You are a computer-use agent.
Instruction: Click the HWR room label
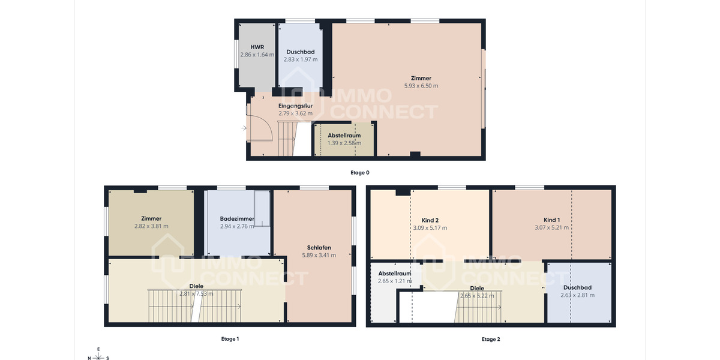coord(257,46)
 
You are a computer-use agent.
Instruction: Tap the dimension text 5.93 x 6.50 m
coord(421,86)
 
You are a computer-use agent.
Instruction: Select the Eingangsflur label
coord(295,106)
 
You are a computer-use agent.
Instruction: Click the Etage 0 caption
coord(360,172)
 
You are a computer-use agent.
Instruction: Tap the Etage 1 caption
coord(230,339)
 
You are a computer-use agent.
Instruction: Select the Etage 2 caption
coord(490,339)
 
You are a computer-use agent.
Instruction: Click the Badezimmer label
coord(237,219)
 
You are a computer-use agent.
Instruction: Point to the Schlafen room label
coord(319,247)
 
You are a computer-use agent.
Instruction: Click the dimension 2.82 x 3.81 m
coord(151,226)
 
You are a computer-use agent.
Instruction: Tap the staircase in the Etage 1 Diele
coord(195,305)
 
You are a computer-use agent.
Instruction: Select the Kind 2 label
coord(430,220)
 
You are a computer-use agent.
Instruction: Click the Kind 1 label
coord(551,220)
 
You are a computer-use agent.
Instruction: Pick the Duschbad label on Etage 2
coord(577,287)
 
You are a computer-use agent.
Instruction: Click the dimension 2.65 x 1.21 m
coord(394,281)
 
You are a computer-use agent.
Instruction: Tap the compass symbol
coord(98,354)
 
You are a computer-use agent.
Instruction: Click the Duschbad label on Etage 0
coord(300,52)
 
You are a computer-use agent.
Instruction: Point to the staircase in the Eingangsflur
coord(287,138)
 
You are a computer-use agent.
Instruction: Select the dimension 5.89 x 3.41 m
coord(319,255)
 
